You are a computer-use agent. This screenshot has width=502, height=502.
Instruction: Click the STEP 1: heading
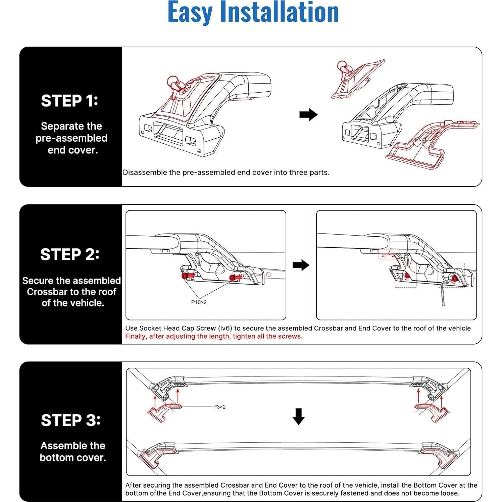click(x=69, y=101)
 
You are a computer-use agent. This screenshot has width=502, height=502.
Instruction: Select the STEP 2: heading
click(x=70, y=254)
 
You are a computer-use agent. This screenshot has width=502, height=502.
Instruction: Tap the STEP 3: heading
click(x=70, y=420)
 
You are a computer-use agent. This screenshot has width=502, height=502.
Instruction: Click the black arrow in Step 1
click(x=308, y=115)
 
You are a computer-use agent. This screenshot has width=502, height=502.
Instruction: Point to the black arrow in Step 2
click(x=301, y=265)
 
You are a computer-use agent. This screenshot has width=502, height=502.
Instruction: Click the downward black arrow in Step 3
click(x=298, y=416)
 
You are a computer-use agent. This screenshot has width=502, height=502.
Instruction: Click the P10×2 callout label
click(x=199, y=302)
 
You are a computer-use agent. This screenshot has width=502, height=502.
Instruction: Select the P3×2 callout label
click(x=219, y=407)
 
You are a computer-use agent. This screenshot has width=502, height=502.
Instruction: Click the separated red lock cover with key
click(x=354, y=79)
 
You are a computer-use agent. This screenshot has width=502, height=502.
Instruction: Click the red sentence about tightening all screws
click(x=214, y=336)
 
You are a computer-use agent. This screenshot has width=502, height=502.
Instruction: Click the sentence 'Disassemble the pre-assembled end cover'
click(x=226, y=172)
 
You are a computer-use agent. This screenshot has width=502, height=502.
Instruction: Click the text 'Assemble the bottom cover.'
click(x=73, y=452)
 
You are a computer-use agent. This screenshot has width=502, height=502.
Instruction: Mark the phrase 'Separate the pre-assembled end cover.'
click(x=71, y=138)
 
